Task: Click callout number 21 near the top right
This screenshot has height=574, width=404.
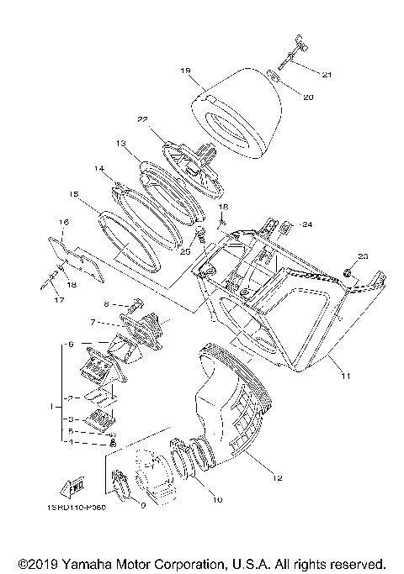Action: pyautogui.click(x=327, y=76)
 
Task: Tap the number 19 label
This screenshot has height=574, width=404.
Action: pyautogui.click(x=186, y=71)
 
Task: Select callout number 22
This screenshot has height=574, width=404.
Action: pyautogui.click(x=143, y=118)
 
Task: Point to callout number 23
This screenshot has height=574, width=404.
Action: pyautogui.click(x=363, y=255)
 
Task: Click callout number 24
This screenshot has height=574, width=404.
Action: pyautogui.click(x=307, y=225)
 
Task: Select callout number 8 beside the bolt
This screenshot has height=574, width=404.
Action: pyautogui.click(x=106, y=303)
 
